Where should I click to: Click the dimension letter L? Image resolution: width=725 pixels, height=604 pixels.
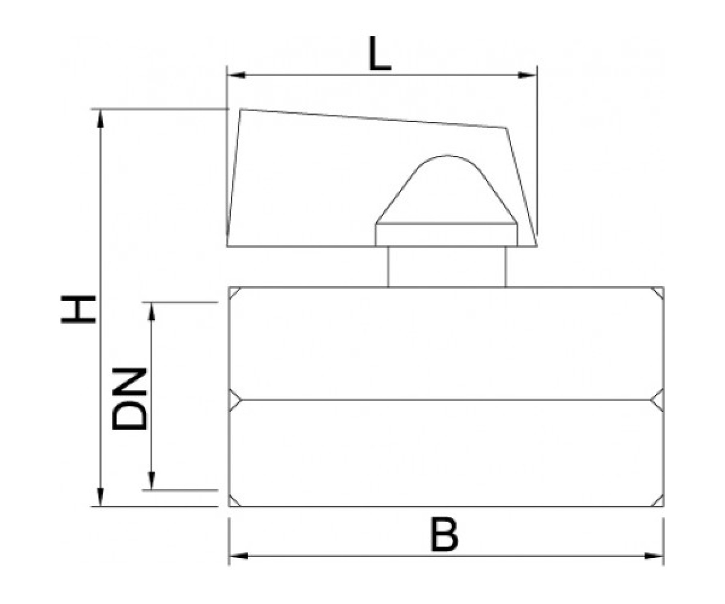click(380, 54)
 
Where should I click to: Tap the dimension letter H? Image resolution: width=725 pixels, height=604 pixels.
click(78, 309)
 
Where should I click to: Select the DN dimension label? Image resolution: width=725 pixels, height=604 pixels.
click(129, 399)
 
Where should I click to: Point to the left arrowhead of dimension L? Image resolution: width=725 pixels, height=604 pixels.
click(236, 75)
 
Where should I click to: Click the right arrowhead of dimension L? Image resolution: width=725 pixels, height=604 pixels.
click(527, 75)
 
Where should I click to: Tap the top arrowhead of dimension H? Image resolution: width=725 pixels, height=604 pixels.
click(100, 119)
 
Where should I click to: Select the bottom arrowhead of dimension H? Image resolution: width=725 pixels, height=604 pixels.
click(100, 498)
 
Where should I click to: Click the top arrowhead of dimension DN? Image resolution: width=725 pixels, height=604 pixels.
click(151, 312)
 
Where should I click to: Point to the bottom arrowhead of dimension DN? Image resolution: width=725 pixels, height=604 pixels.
click(151, 481)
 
